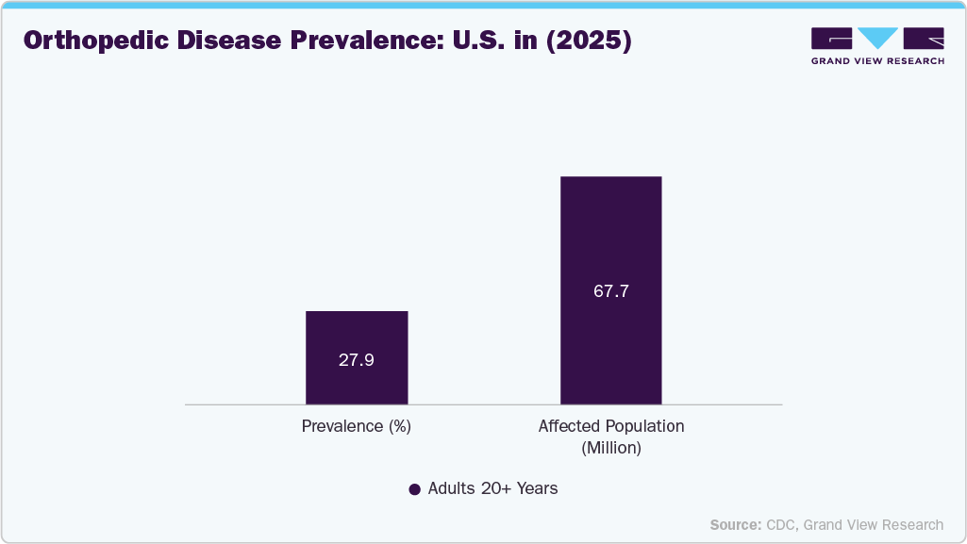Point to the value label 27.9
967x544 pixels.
pos(357,359)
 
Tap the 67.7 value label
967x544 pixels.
pos(610,291)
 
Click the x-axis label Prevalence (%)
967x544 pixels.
pos(357,426)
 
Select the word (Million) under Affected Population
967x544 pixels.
pos(610,448)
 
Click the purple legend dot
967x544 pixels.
pos(414,489)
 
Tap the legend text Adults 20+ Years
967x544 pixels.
pos(492,488)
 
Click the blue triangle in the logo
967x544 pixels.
pos(878,39)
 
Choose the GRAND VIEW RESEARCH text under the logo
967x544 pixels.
pos(877,61)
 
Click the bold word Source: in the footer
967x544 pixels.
pos(735,524)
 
